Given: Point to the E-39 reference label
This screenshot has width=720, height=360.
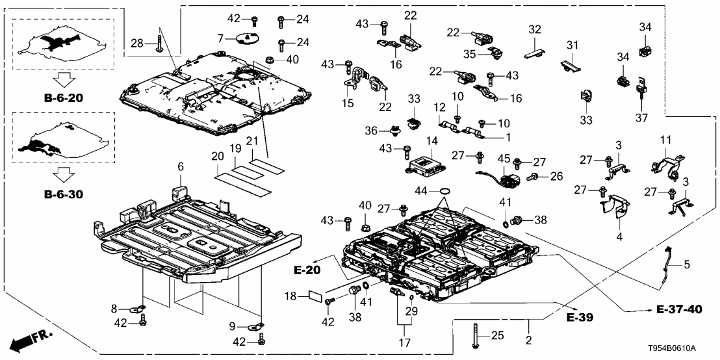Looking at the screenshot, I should pyautogui.click(x=581, y=318).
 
